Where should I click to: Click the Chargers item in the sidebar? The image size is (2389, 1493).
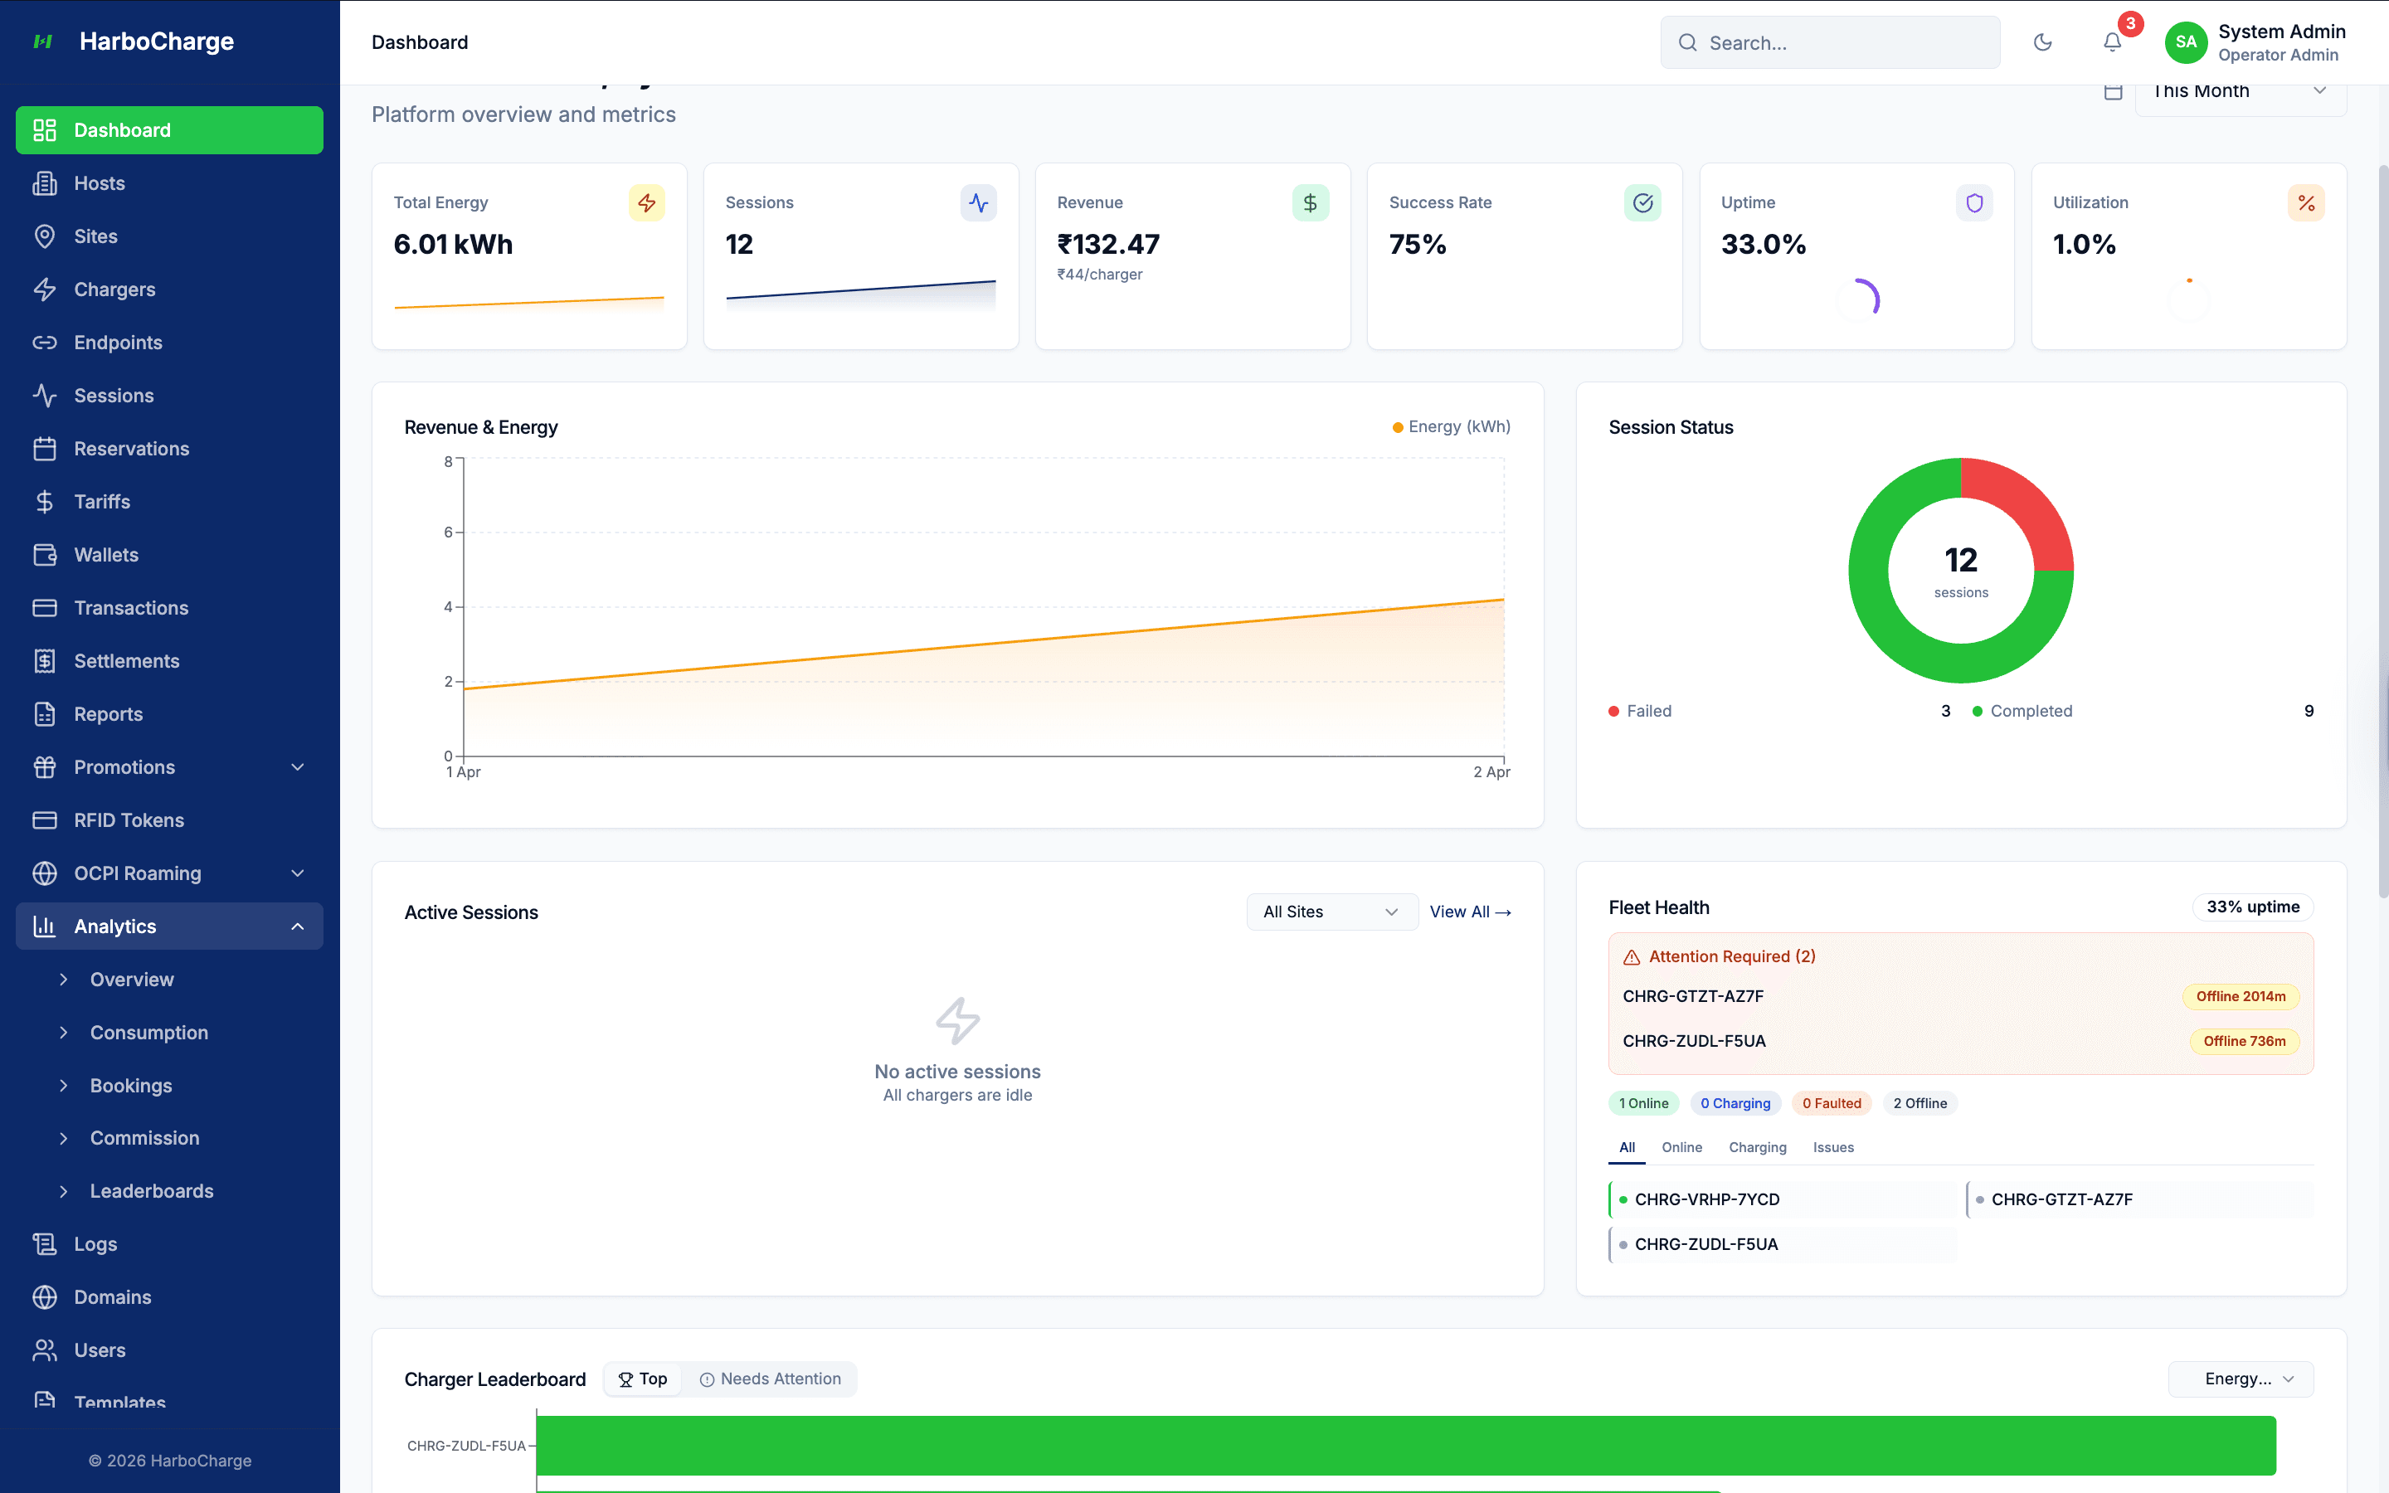114,289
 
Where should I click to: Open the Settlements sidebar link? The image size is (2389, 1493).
126,660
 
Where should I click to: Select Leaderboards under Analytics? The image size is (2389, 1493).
151,1191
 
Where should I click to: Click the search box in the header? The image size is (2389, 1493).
1830,42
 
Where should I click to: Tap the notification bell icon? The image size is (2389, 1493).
2112,42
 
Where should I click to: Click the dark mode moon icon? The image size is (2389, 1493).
2042,42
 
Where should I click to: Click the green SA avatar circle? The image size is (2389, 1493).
2186,42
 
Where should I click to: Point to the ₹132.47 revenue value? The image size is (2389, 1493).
1107,244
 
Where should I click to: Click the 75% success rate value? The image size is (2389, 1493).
1417,244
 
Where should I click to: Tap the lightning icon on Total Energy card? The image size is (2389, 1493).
647,202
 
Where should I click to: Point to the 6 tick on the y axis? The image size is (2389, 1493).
448,533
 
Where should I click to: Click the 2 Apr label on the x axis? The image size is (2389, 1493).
1491,772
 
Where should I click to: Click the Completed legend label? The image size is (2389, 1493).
2031,711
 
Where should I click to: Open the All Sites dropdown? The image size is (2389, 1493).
1331,912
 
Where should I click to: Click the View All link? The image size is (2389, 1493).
1470,912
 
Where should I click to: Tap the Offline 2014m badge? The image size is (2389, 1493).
2240,996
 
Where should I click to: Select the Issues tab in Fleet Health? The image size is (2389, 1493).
1832,1147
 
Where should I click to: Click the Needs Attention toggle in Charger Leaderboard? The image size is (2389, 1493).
771,1379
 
